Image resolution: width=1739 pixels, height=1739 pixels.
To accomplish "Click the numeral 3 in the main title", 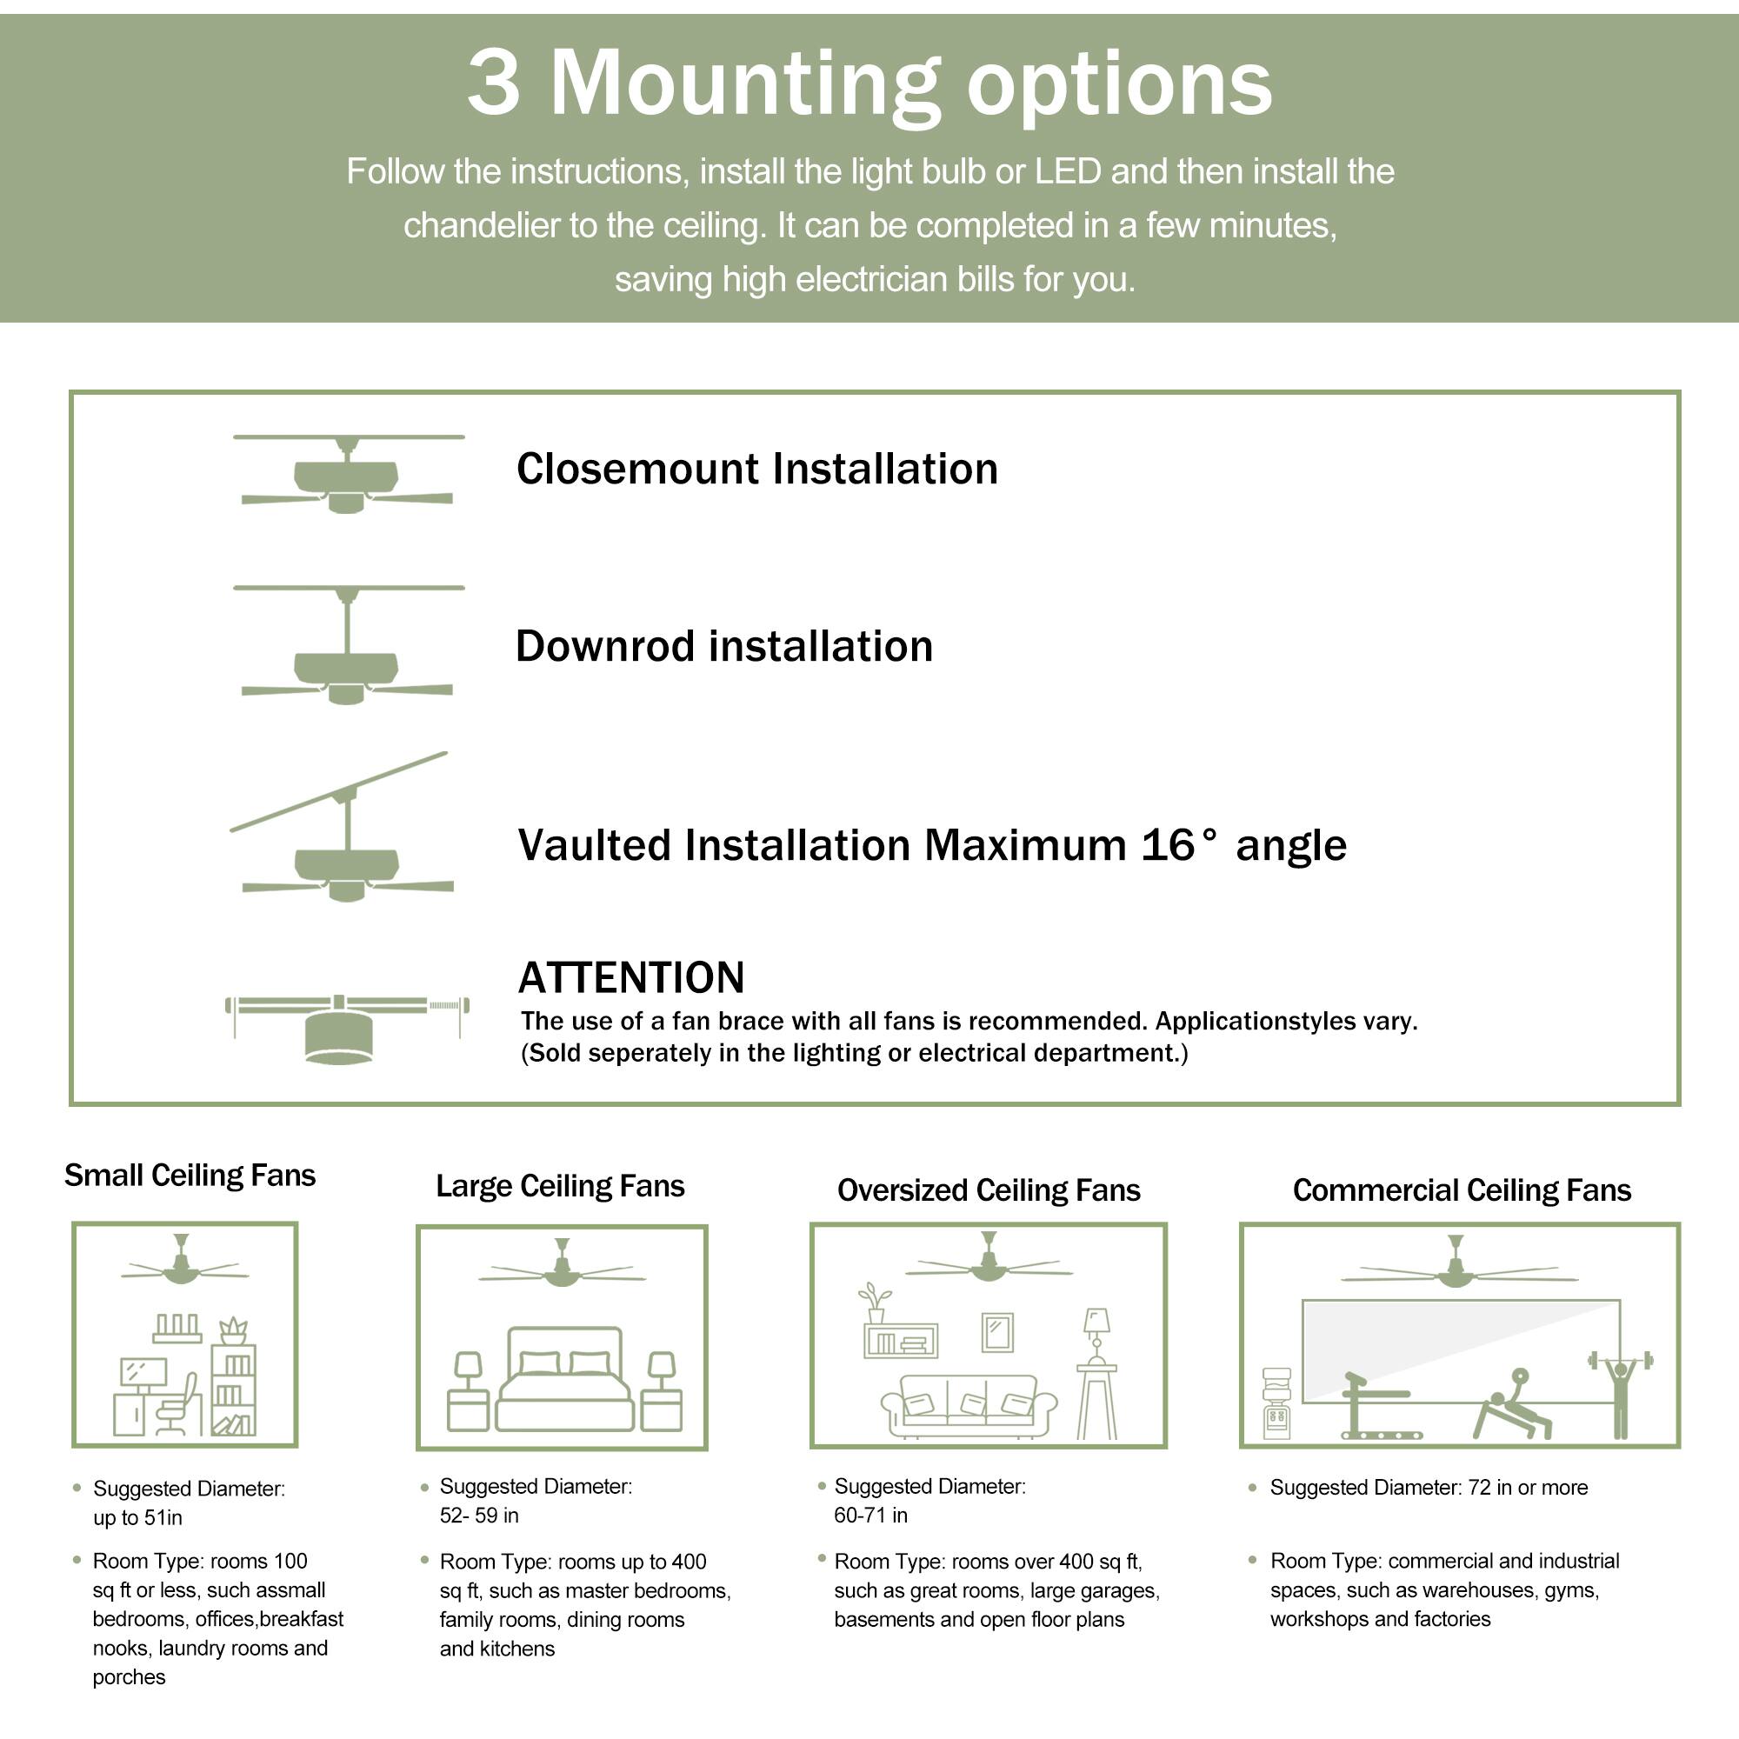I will click(494, 83).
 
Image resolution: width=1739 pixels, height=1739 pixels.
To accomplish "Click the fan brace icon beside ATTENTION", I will click(346, 1028).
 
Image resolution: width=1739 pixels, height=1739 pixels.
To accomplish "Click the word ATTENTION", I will click(631, 977).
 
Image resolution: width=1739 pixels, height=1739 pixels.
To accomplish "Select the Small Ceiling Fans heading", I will click(190, 1176).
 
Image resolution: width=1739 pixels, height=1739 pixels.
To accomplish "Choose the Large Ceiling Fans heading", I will click(560, 1186).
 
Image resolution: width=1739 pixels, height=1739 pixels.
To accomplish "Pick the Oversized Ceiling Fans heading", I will click(989, 1191).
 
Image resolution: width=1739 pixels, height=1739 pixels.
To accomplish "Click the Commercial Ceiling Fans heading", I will click(1461, 1191).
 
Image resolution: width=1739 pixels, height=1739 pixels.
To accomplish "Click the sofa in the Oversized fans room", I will click(969, 1405).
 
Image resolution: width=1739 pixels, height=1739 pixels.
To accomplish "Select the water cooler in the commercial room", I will click(1276, 1403).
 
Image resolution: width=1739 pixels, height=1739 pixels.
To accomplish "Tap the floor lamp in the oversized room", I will click(1096, 1373).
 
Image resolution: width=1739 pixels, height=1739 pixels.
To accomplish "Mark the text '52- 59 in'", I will click(479, 1515).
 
